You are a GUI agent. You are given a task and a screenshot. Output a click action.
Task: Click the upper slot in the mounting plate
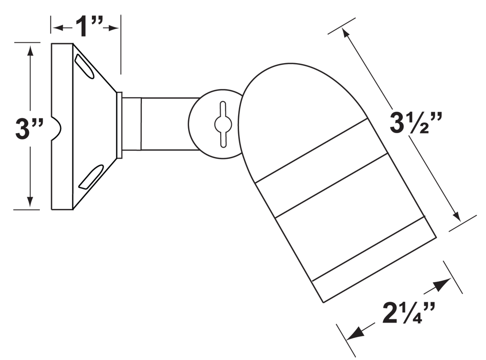point(84,65)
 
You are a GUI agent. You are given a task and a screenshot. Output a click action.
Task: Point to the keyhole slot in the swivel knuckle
point(222,124)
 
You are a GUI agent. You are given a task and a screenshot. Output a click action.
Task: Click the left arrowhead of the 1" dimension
point(58,28)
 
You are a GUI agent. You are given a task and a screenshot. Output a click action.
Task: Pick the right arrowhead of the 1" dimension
point(115,28)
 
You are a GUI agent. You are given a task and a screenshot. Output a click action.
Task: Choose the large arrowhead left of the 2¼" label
point(357,333)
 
